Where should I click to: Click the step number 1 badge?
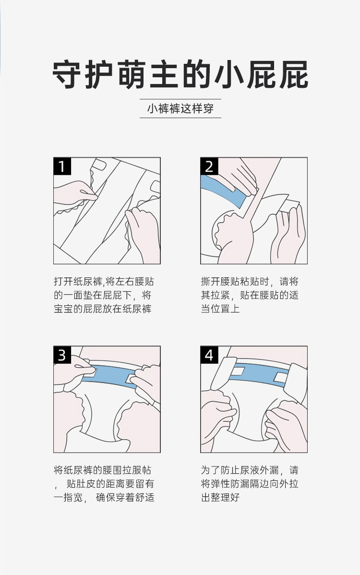tap(62, 166)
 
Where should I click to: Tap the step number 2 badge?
tap(209, 166)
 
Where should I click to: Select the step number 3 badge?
tap(62, 355)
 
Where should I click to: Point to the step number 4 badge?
tap(209, 355)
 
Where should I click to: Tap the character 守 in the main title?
tap(67, 75)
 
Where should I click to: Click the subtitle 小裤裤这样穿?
tap(180, 108)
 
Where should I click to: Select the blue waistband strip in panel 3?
tap(110, 375)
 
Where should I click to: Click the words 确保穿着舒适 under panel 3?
tap(125, 497)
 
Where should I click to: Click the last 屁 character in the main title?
tap(294, 75)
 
